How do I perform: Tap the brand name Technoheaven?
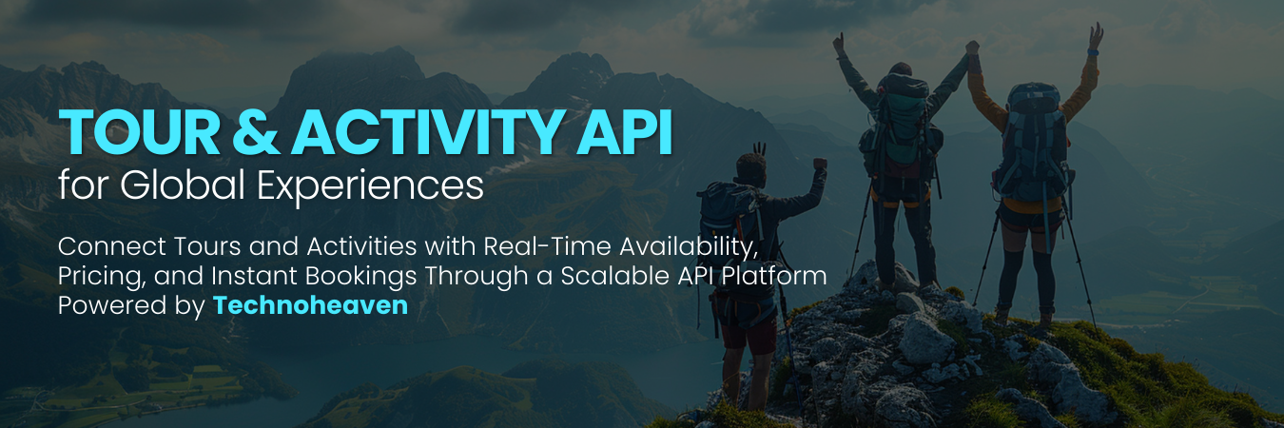coord(310,306)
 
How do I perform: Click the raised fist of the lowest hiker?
coord(820,165)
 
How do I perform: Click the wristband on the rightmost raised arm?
coord(1092,50)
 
